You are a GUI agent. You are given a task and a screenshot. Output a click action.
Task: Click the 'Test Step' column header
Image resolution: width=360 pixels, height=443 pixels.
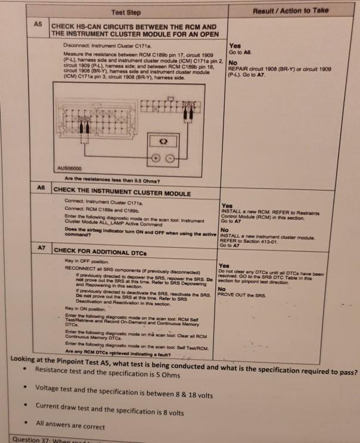[x=125, y=12]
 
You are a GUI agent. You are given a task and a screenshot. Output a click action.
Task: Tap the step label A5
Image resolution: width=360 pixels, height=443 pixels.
[x=36, y=26]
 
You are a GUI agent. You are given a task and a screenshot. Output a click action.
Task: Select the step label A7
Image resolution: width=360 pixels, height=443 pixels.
[x=43, y=247]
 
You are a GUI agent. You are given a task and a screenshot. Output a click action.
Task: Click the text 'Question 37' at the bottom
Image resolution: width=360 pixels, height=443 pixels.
[x=32, y=439]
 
